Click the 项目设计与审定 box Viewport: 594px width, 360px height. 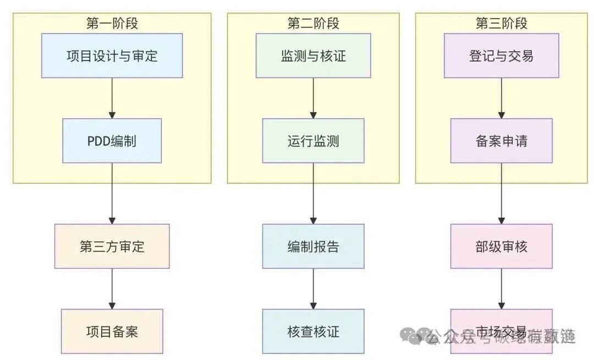tap(112, 56)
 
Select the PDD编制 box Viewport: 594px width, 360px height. tap(112, 141)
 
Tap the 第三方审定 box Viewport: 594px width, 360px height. tap(112, 246)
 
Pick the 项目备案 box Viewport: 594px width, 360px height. tap(112, 331)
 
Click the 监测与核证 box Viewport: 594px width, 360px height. tap(313, 56)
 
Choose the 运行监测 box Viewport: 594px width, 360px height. tap(313, 141)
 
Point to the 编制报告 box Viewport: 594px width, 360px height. tap(313, 246)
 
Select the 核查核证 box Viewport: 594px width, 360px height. tap(313, 331)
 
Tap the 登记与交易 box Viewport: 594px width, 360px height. tap(501, 56)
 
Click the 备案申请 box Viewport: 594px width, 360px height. tap(501, 141)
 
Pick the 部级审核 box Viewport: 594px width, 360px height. tap(501, 246)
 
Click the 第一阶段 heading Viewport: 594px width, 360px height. tap(112, 24)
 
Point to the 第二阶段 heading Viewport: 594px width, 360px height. tap(313, 24)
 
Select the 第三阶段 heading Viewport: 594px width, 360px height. tap(501, 24)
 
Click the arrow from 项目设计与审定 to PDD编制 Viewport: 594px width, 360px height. tap(112, 98)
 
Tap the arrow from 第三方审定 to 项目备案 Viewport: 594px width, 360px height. tap(112, 289)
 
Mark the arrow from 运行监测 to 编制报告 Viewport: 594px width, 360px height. tap(313, 193)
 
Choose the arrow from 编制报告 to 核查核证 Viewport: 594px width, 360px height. tap(313, 289)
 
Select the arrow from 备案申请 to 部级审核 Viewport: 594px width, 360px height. tap(501, 193)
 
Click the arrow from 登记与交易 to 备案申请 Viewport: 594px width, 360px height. tap(501, 98)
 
